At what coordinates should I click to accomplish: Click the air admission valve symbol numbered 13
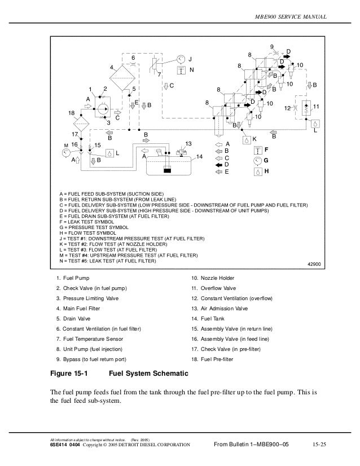[x=182, y=153]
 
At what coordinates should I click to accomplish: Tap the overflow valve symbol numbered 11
[x=305, y=107]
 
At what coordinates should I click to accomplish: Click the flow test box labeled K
[x=246, y=139]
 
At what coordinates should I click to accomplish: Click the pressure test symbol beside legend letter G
[x=258, y=160]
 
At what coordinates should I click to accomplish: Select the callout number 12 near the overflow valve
[x=288, y=107]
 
